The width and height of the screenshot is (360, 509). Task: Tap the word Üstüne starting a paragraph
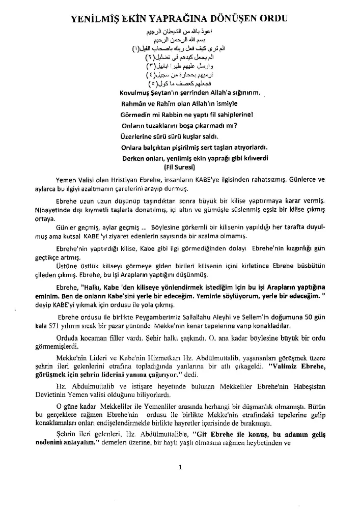tap(66, 265)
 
